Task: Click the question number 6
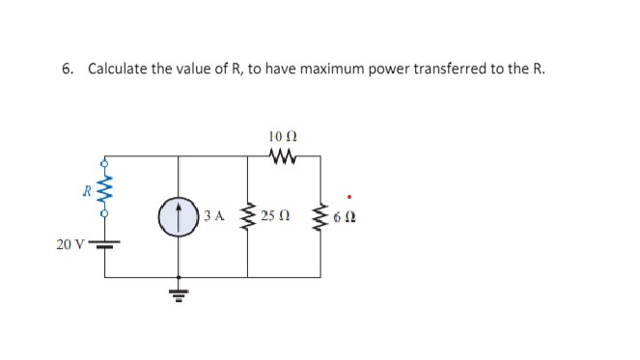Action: pos(67,69)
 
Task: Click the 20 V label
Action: pos(70,244)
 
